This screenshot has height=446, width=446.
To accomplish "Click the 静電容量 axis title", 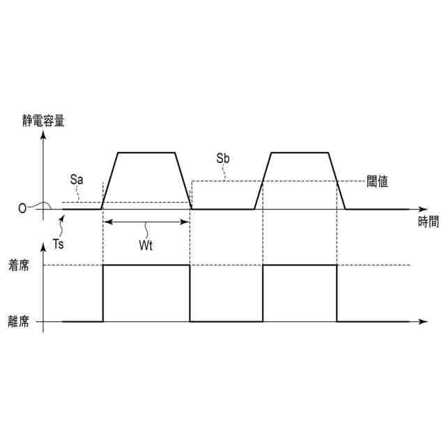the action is coord(44,120).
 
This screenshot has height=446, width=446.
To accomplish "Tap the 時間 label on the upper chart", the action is coord(429,222).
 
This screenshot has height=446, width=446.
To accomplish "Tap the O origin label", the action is coord(22,208).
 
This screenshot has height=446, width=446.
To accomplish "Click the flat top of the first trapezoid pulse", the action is coord(146,152).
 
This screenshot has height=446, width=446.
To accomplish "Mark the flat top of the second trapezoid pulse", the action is coord(298,152).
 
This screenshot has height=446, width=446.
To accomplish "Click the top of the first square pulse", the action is coord(146,266).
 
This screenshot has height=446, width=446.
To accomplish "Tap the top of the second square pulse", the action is coord(300,266).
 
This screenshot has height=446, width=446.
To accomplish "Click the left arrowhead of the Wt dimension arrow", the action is coord(106,222).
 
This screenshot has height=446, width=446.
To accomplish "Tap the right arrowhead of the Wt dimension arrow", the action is coord(187,222).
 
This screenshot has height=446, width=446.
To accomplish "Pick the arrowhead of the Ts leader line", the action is coord(65,217).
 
